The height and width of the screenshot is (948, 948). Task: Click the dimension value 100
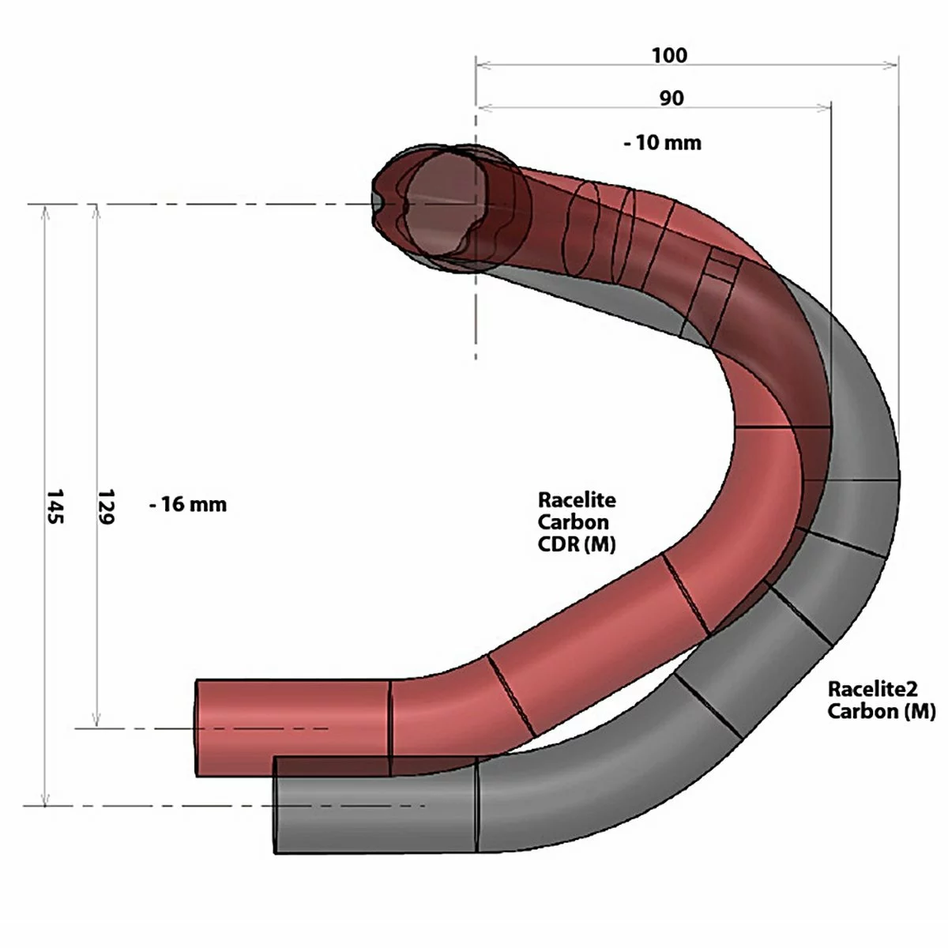pyautogui.click(x=669, y=55)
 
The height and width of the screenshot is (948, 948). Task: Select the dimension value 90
pyautogui.click(x=671, y=99)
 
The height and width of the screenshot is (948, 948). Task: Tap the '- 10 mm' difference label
pyautogui.click(x=662, y=143)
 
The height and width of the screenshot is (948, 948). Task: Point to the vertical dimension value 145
pyautogui.click(x=55, y=506)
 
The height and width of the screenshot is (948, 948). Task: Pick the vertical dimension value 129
pyautogui.click(x=106, y=506)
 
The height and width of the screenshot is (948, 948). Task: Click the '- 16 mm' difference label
pyautogui.click(x=188, y=504)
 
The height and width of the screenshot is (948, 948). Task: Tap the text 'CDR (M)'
pyautogui.click(x=577, y=544)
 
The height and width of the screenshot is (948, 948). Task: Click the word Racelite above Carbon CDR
pyautogui.click(x=577, y=500)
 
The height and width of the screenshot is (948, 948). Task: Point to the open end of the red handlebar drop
pyautogui.click(x=197, y=727)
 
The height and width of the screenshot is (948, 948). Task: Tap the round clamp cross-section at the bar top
pyautogui.click(x=442, y=204)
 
